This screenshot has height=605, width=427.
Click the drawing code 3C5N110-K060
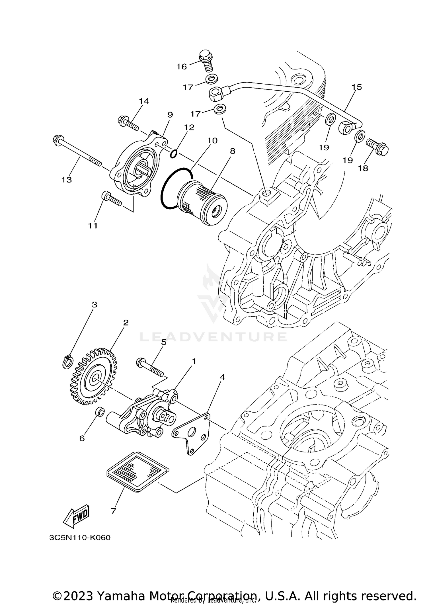click(x=79, y=538)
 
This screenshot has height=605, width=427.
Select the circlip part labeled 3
click(x=67, y=362)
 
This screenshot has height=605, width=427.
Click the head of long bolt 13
click(x=56, y=140)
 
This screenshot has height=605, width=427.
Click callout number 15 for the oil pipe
click(x=357, y=87)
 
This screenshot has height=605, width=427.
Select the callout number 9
click(x=170, y=115)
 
